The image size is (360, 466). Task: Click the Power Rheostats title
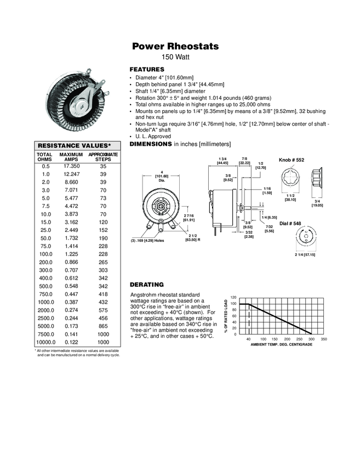pyautogui.click(x=175, y=47)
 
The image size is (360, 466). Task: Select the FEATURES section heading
pyautogui.click(x=146, y=70)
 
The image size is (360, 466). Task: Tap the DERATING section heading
pyautogui.click(x=146, y=285)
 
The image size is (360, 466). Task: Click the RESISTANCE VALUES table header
pyautogui.click(x=73, y=145)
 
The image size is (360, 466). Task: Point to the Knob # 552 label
pyautogui.click(x=291, y=160)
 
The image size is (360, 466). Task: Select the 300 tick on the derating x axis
pyautogui.click(x=312, y=340)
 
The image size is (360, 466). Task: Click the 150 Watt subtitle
pyautogui.click(x=175, y=57)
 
